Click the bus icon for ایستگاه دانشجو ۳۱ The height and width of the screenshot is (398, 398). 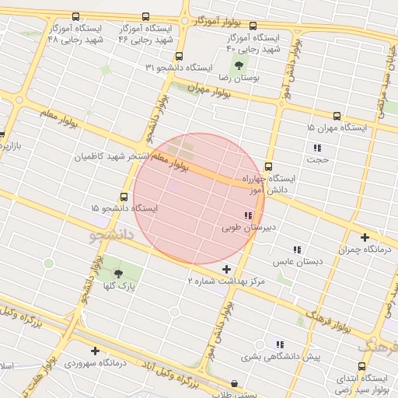coord(180,56)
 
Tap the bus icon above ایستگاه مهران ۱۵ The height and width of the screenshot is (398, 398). coord(337,115)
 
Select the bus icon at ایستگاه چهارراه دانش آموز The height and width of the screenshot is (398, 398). coord(268,166)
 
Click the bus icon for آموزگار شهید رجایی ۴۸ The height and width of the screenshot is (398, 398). coord(75,16)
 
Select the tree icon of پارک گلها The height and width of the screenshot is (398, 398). coord(118,273)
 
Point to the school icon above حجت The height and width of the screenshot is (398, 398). coord(316,148)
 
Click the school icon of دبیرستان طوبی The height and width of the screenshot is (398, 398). coord(247,215)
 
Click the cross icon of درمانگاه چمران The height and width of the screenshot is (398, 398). coord(365,237)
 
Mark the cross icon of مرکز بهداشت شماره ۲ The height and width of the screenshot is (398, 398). coord(226,270)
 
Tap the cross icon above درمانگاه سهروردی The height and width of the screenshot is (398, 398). coord(95,351)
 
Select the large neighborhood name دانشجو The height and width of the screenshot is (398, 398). coord(112,232)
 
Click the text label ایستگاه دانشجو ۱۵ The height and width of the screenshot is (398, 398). coord(124,208)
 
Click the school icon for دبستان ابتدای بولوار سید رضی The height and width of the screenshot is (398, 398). coord(361,366)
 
